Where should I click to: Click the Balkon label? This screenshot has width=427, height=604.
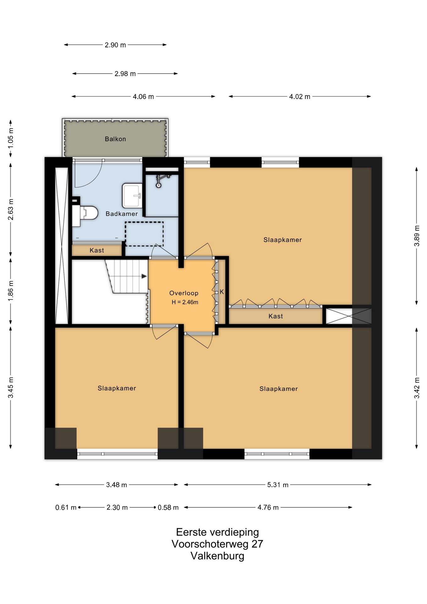[115, 139]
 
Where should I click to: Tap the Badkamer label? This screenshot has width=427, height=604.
[122, 214]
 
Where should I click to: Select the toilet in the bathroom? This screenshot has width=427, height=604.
[85, 216]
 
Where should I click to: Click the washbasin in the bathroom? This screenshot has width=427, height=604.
[132, 196]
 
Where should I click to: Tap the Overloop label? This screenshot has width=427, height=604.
[184, 293]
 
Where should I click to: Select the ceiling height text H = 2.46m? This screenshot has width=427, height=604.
[185, 302]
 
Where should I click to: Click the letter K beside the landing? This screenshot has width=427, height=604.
[222, 292]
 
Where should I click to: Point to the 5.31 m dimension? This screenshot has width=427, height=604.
[278, 485]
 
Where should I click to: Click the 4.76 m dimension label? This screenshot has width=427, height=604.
[268, 507]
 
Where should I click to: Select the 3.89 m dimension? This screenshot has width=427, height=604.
[417, 236]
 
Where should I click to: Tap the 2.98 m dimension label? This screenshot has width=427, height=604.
[125, 74]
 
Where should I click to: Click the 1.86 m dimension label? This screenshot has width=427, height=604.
[11, 290]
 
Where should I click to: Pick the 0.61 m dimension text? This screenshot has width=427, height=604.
[66, 507]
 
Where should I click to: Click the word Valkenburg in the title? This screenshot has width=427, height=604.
[217, 556]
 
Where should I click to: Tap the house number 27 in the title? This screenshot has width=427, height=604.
[257, 544]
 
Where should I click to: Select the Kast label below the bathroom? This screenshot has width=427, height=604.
[97, 250]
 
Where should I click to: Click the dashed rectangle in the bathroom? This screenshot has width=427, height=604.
[144, 234]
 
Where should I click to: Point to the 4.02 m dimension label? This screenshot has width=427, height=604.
[300, 97]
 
